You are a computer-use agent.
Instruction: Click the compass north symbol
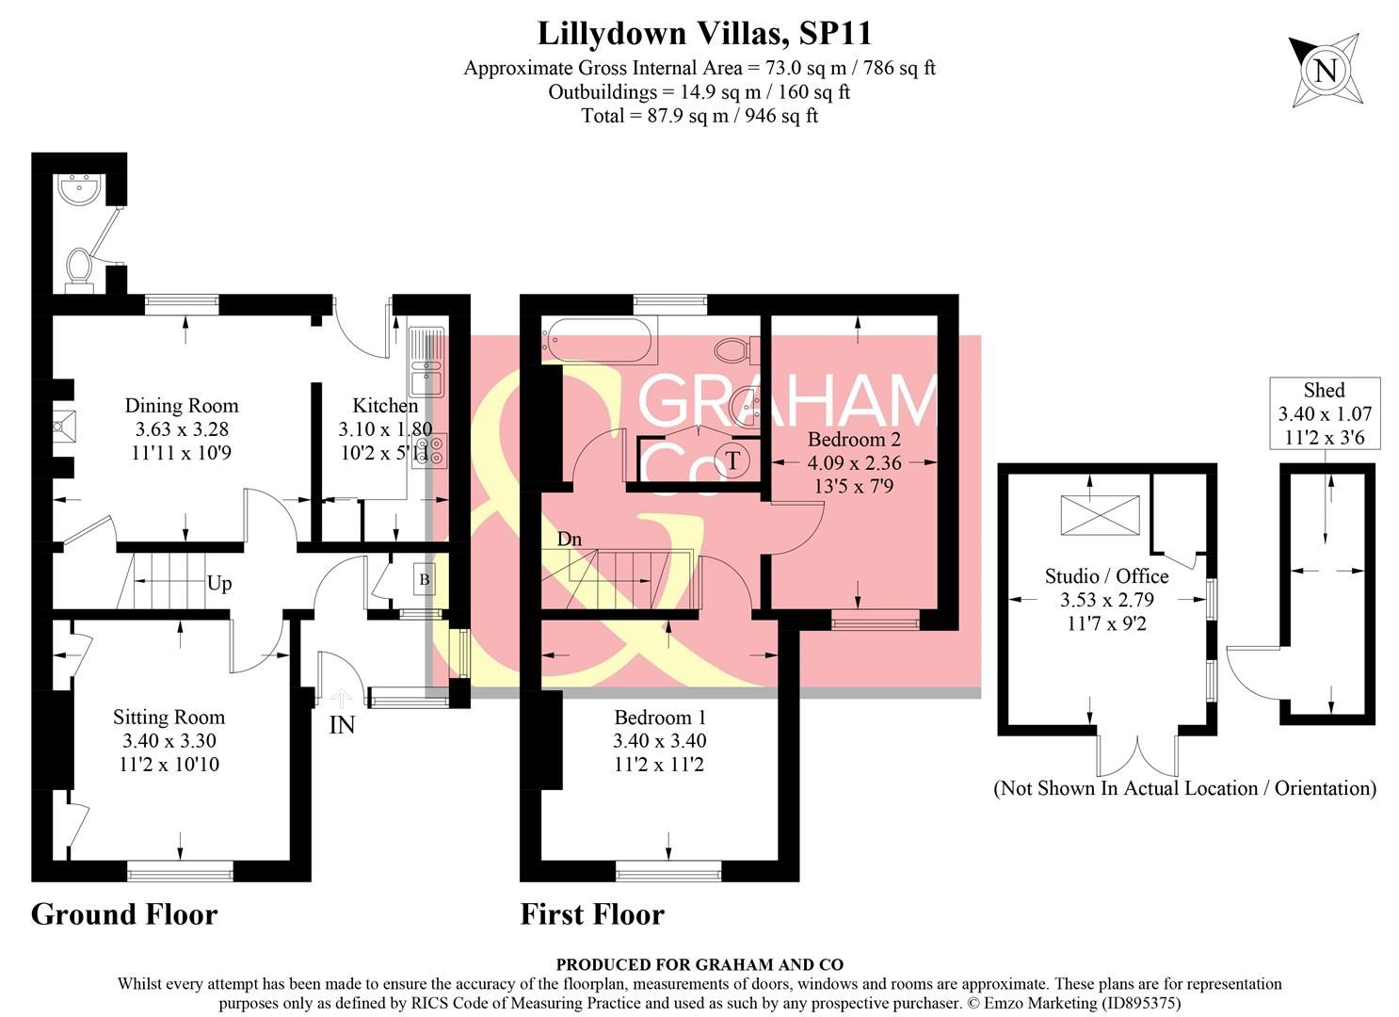(x=1325, y=71)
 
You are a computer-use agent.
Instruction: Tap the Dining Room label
(x=182, y=406)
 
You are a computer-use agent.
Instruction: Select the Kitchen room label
(x=385, y=406)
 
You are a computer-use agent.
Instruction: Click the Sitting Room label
(x=169, y=718)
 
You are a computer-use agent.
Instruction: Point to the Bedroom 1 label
(x=659, y=716)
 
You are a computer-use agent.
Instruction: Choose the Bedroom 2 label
(x=854, y=439)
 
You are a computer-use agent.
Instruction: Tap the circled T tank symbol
(x=732, y=461)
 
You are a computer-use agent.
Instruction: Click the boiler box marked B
(x=424, y=580)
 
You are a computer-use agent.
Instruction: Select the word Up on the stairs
(x=218, y=584)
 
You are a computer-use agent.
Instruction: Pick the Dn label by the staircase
(x=570, y=540)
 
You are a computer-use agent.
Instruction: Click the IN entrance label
(x=342, y=726)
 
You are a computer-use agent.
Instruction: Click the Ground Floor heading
(x=124, y=914)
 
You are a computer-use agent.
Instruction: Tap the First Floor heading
(x=592, y=914)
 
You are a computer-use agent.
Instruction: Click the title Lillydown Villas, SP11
(x=704, y=34)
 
